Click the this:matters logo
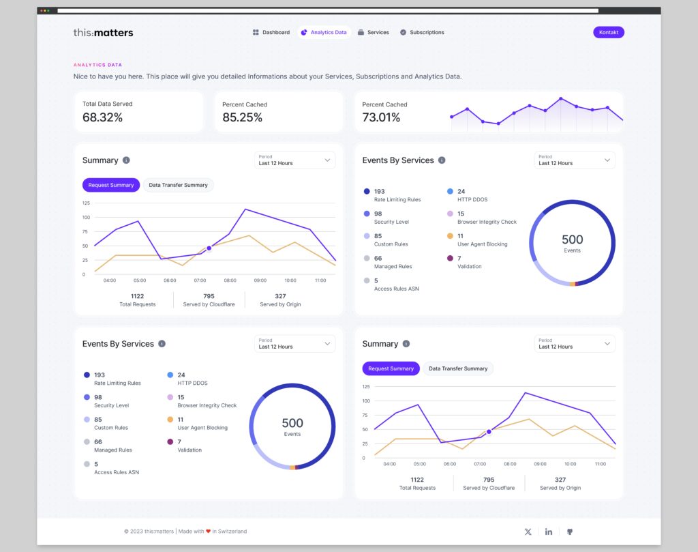103,32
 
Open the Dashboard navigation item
271,32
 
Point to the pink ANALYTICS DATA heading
98,65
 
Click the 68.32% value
102,117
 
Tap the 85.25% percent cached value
242,117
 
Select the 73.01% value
381,117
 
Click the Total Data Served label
107,104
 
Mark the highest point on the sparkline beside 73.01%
560,99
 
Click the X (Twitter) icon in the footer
528,532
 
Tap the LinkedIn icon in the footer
549,532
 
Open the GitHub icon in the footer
570,532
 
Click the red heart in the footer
208,531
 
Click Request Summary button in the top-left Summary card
110,185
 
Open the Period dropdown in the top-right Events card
575,160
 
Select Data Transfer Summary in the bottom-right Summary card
457,368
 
